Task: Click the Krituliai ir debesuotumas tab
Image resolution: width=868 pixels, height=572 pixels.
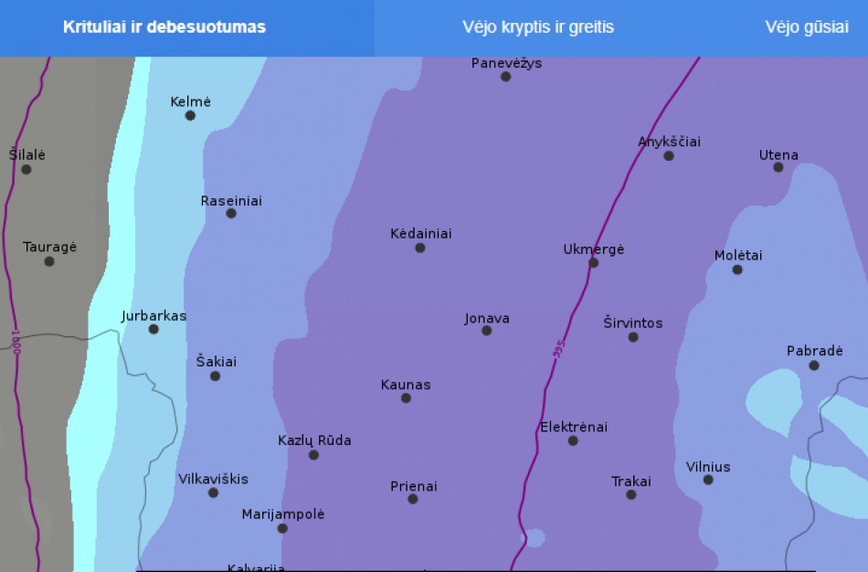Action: [164, 27]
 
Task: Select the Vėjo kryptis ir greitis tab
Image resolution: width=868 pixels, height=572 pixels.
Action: [538, 27]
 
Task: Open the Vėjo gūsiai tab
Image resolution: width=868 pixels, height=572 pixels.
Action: [807, 27]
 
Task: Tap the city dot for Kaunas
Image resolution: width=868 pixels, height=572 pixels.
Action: [406, 398]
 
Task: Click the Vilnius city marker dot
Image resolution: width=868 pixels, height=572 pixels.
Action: [708, 480]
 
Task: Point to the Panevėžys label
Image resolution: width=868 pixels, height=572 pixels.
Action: [507, 63]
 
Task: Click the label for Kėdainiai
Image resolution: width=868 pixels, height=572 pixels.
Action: [421, 234]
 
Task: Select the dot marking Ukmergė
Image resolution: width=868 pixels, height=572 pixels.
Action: [593, 263]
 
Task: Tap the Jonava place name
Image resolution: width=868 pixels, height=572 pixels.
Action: [487, 319]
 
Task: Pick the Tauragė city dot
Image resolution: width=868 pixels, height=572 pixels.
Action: [49, 261]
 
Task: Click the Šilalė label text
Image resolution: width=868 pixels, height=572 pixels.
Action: [27, 154]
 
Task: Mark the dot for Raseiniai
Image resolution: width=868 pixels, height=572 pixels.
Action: [231, 214]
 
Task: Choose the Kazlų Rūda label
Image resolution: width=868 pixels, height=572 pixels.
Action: [314, 440]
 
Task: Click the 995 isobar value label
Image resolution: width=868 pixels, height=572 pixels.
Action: [559, 349]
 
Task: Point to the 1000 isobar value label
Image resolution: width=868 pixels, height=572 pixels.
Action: [16, 343]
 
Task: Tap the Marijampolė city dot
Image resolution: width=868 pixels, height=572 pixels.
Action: [282, 528]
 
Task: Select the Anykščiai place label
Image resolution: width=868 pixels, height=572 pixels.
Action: [669, 142]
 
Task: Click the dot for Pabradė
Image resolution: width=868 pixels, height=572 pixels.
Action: [814, 365]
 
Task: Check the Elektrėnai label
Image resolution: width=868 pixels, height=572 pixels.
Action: [574, 427]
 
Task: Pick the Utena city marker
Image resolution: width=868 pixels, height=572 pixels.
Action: [778, 167]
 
